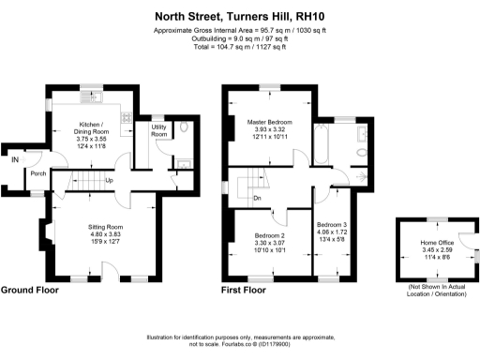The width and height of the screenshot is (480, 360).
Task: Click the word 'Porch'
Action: tap(38, 173)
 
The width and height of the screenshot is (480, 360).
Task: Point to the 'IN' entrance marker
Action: tap(14, 160)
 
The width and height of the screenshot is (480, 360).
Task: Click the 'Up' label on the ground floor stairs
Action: tap(110, 181)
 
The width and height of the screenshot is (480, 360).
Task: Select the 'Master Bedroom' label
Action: tap(270, 123)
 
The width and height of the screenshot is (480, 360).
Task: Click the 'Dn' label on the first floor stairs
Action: tap(257, 198)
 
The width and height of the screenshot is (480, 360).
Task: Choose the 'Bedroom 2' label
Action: tap(270, 235)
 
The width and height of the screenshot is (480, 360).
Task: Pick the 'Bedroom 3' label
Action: tap(332, 226)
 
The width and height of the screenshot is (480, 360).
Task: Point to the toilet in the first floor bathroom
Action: tap(362, 175)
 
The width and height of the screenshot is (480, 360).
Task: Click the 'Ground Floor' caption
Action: tap(29, 290)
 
